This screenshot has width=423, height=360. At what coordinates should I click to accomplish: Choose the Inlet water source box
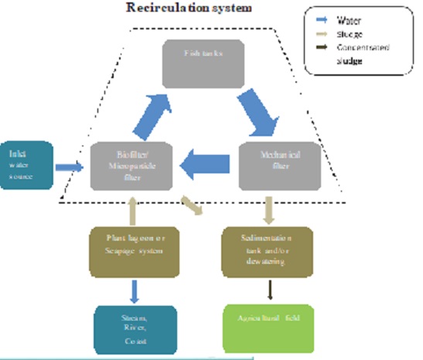click(25, 165)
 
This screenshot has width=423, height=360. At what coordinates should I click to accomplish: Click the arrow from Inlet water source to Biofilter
click(70, 166)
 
